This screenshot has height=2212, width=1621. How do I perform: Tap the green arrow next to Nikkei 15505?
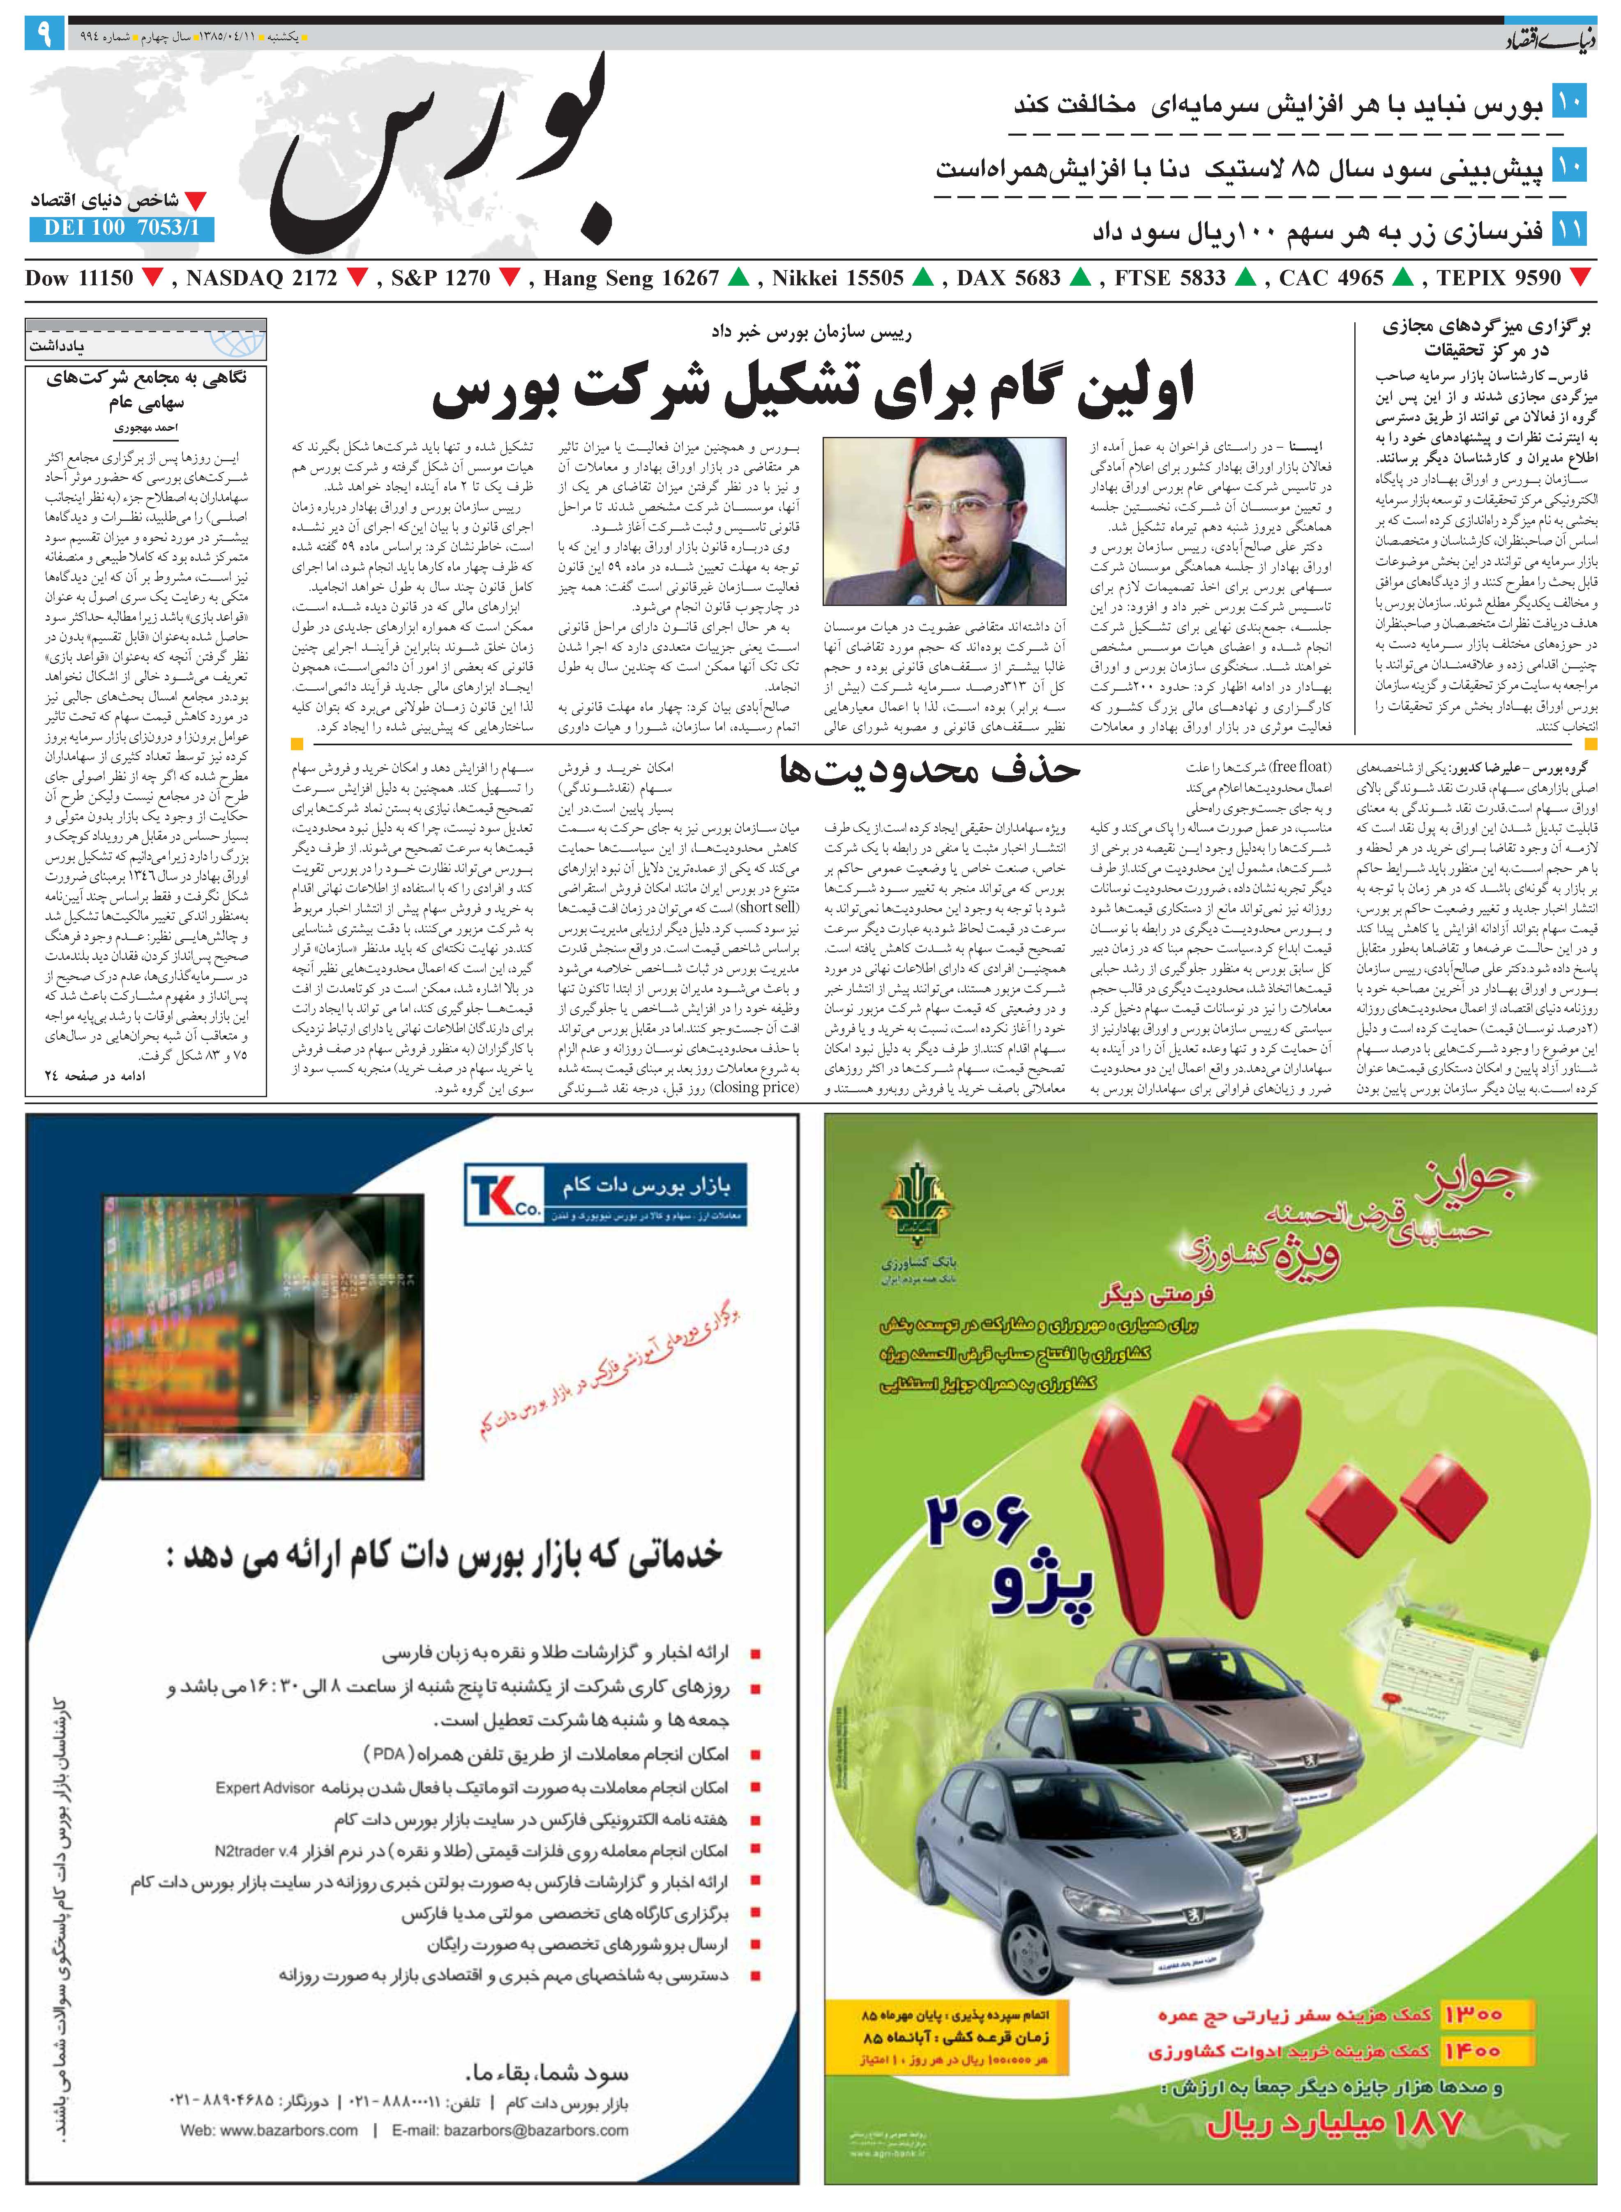point(922,279)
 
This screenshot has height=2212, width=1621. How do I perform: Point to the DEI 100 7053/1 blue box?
point(122,229)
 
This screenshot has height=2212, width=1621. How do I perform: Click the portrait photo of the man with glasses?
point(944,520)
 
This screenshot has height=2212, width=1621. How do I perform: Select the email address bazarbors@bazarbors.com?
point(510,2131)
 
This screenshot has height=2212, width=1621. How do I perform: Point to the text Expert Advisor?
point(265,1788)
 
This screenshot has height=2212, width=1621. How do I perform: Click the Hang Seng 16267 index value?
point(631,279)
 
